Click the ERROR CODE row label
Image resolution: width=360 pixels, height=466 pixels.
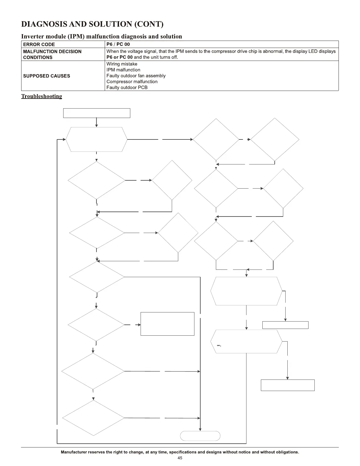tap(39, 44)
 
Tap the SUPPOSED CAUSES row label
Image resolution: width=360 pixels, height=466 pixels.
tap(46, 76)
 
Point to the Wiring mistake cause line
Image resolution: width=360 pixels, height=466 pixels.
tap(122, 64)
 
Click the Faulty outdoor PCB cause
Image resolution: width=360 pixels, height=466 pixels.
tap(127, 88)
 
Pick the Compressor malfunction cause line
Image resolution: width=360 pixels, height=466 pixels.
tap(132, 82)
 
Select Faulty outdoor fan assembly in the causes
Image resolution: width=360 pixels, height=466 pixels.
tap(136, 76)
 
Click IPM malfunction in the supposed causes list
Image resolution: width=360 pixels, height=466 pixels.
tap(123, 70)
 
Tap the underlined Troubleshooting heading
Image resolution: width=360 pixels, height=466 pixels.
tap(41, 96)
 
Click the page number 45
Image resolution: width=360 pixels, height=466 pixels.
tap(180, 458)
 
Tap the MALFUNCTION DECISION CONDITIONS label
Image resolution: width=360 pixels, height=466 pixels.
tap(52, 54)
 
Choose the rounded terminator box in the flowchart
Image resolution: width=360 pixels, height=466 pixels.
tap(200, 436)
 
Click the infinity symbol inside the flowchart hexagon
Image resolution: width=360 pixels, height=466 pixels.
tap(219, 345)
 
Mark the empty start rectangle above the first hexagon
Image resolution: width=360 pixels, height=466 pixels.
tap(96, 113)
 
